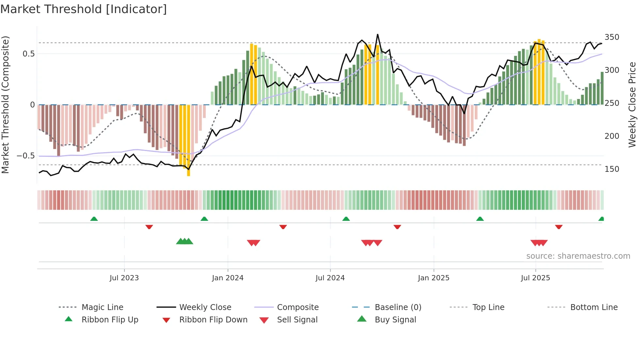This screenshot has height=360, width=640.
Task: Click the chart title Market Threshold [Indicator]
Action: tap(84, 9)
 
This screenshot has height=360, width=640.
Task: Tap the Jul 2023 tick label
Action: tap(124, 278)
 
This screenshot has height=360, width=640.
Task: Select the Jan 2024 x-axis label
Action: tap(228, 278)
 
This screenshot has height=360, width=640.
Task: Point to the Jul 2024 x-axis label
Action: tap(330, 278)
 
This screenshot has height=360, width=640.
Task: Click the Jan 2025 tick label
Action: tap(434, 278)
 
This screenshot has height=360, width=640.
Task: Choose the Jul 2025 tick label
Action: tap(536, 278)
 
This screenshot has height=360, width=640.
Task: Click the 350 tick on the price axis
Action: tap(612, 37)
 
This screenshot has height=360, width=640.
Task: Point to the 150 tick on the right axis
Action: tap(612, 169)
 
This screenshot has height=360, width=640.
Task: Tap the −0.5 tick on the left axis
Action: tap(26, 156)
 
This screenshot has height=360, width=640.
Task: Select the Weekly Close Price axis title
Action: tap(632, 105)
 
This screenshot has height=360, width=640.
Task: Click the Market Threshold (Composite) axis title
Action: tap(5, 105)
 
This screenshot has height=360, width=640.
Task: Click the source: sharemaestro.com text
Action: tap(578, 256)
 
